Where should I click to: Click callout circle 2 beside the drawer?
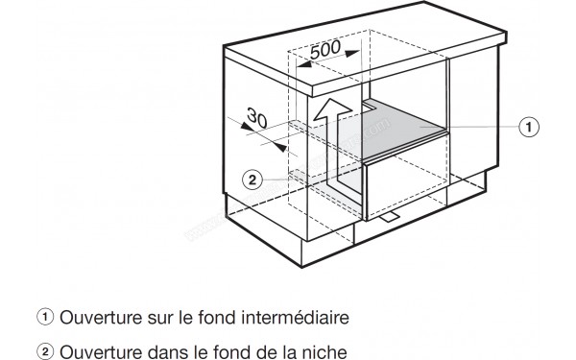(x=251, y=179)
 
